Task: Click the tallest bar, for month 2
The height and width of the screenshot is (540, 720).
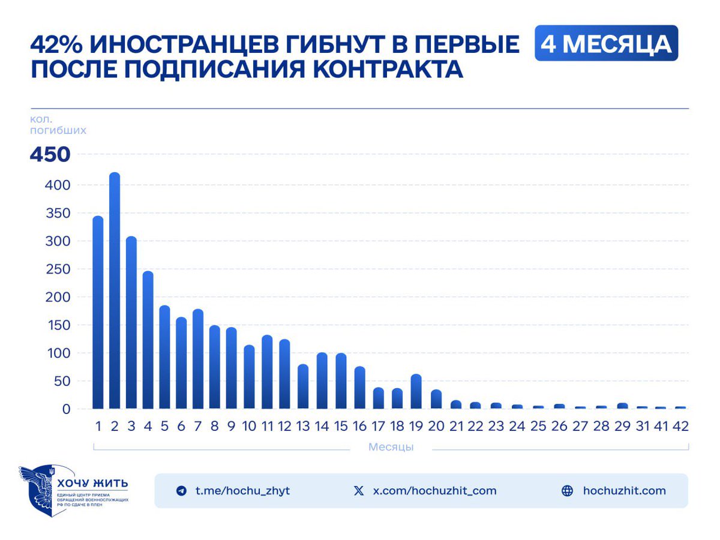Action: pyautogui.click(x=115, y=291)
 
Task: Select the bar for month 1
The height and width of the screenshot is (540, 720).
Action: pyautogui.click(x=98, y=312)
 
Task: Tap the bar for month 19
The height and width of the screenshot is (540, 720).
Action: pyautogui.click(x=416, y=391)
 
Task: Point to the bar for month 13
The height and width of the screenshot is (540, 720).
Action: pyautogui.click(x=303, y=386)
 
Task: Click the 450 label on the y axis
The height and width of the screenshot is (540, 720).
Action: pyautogui.click(x=50, y=155)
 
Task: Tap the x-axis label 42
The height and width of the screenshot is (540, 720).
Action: pyautogui.click(x=680, y=426)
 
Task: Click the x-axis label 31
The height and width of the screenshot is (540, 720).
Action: pyautogui.click(x=642, y=426)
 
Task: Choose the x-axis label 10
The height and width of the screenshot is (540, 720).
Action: pyautogui.click(x=249, y=426)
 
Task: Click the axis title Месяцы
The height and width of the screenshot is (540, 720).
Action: pyautogui.click(x=391, y=447)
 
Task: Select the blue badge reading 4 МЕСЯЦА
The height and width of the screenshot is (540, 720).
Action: pyautogui.click(x=606, y=43)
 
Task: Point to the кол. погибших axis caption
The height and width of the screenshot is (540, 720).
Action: pyautogui.click(x=58, y=124)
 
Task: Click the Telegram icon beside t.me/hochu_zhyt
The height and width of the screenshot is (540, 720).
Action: pyautogui.click(x=181, y=491)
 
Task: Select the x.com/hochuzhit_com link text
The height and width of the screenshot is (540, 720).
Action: pyautogui.click(x=434, y=491)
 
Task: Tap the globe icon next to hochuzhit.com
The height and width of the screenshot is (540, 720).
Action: pyautogui.click(x=567, y=491)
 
